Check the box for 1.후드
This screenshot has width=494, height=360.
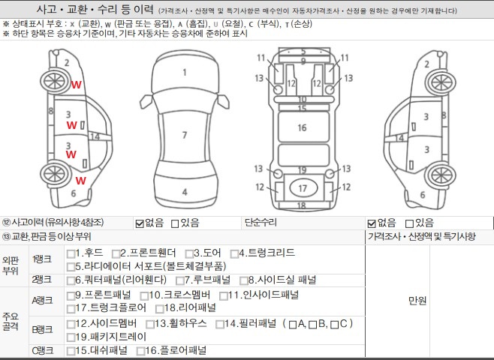pyautogui.click(x=71, y=253)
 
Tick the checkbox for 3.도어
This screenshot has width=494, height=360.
pyautogui.click(x=189, y=253)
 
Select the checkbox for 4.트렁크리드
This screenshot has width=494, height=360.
pyautogui.click(x=234, y=253)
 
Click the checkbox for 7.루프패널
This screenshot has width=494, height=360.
pyautogui.click(x=180, y=280)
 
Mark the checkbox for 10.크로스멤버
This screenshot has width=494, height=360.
pyautogui.click(x=144, y=295)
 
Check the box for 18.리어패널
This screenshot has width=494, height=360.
pyautogui.click(x=159, y=309)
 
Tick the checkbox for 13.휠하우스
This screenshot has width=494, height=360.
pyautogui.click(x=150, y=324)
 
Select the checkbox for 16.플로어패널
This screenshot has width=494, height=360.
pyautogui.click(x=140, y=351)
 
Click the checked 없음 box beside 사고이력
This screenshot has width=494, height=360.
pyautogui.click(x=140, y=223)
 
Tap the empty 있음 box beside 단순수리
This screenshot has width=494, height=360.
pyautogui.click(x=409, y=223)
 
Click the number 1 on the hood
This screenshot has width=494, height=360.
pyautogui.click(x=185, y=73)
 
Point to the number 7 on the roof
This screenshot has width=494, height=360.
pyautogui.click(x=185, y=135)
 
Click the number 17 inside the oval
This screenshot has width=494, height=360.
pyautogui.click(x=303, y=188)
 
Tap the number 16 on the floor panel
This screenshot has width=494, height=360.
pyautogui.click(x=302, y=127)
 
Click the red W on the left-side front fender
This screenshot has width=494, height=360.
pyautogui.click(x=77, y=85)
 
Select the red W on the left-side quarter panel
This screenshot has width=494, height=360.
pyautogui.click(x=80, y=181)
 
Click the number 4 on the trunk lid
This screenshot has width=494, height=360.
pyautogui.click(x=185, y=192)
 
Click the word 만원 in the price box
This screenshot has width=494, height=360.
pyautogui.click(x=417, y=301)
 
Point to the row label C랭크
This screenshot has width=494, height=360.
pyautogui.click(x=43, y=350)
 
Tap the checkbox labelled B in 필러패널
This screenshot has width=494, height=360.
pyautogui.click(x=312, y=325)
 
